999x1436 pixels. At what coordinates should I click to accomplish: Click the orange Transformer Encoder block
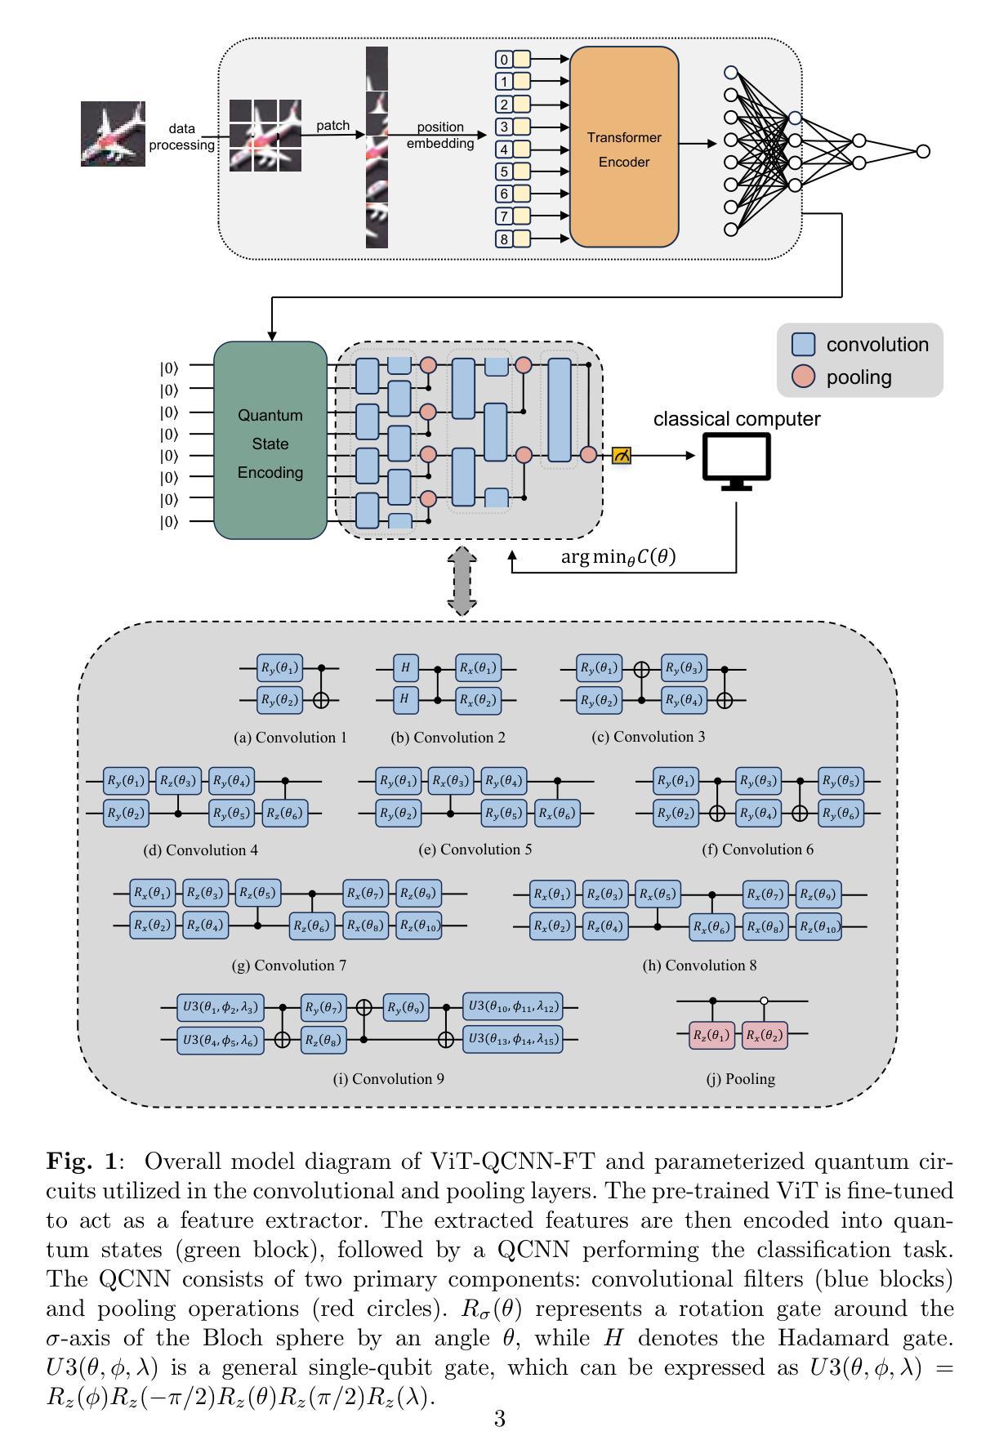pyautogui.click(x=624, y=147)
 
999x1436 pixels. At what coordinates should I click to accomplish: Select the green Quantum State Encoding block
pyautogui.click(x=270, y=441)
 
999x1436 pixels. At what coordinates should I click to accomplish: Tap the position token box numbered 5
pyautogui.click(x=504, y=172)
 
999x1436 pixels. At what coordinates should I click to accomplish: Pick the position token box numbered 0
pyautogui.click(x=504, y=60)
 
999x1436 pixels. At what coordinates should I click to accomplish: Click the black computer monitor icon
pyautogui.click(x=737, y=462)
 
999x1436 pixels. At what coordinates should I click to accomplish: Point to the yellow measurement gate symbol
pyautogui.click(x=622, y=456)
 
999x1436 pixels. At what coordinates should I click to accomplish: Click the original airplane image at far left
pyautogui.click(x=113, y=134)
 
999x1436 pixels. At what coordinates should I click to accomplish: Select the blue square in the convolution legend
pyautogui.click(x=804, y=345)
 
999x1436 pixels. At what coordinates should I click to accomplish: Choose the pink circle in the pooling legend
pyautogui.click(x=804, y=377)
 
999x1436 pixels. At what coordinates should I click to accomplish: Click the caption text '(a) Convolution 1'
pyautogui.click(x=290, y=738)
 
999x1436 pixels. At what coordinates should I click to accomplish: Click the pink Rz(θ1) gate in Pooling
pyautogui.click(x=711, y=1035)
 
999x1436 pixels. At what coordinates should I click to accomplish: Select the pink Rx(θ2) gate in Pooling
pyautogui.click(x=764, y=1035)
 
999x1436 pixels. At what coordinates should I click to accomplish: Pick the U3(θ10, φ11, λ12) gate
pyautogui.click(x=512, y=1007)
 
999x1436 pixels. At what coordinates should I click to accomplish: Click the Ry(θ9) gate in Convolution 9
pyautogui.click(x=406, y=1007)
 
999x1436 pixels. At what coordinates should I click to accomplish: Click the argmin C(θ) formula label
pyautogui.click(x=618, y=557)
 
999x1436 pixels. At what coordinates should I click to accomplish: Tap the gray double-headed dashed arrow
pyautogui.click(x=462, y=581)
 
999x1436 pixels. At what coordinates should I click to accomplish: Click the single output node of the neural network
pyautogui.click(x=923, y=151)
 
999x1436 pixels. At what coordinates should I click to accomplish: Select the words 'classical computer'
pyautogui.click(x=736, y=419)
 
